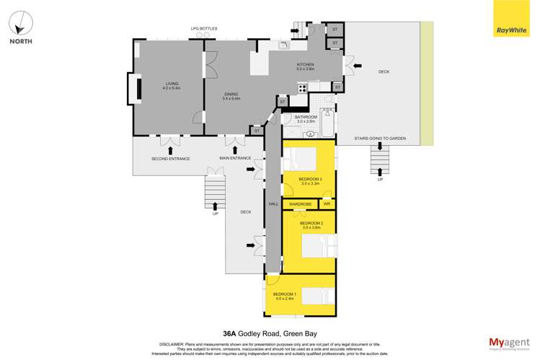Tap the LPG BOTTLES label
tap(203, 29)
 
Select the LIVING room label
tap(172, 84)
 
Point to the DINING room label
tap(231, 95)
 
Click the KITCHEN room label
tap(306, 66)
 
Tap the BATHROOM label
tap(306, 117)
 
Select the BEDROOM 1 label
tap(283, 294)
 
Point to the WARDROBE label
tap(300, 204)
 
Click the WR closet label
tap(327, 204)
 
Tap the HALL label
tap(273, 204)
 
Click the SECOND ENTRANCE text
tap(170, 158)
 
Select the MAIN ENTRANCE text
tap(235, 158)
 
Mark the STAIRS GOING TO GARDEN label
tap(380, 137)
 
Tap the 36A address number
tap(230, 334)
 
